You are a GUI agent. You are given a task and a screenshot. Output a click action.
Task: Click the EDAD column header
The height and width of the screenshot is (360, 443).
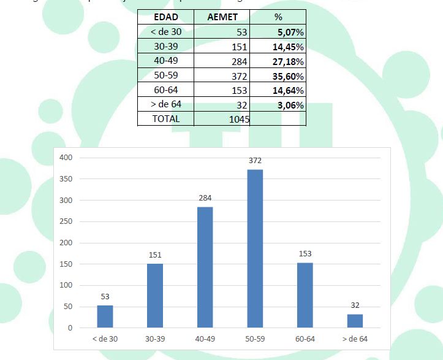tap(166, 18)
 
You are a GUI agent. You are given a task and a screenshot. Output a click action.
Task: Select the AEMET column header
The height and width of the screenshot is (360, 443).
tap(223, 18)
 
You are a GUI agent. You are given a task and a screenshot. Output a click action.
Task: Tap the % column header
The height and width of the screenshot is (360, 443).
tap(279, 18)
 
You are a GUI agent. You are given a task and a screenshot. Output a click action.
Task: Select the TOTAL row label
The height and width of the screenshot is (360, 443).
tap(166, 119)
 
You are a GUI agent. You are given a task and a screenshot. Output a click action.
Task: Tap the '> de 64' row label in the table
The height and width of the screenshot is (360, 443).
tap(166, 105)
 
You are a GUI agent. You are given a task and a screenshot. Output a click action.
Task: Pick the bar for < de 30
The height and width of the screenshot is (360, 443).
tap(105, 316)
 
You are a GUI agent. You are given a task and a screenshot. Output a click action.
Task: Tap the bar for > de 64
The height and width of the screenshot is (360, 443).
tap(355, 321)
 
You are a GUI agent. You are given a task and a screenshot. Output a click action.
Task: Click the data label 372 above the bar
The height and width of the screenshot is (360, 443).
tap(255, 161)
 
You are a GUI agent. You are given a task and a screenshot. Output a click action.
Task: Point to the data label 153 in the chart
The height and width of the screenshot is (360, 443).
tap(305, 253)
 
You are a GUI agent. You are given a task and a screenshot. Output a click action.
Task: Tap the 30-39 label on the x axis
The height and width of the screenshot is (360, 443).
tap(155, 339)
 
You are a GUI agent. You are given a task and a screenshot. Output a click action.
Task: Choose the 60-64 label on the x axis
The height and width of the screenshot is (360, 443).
tap(305, 339)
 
